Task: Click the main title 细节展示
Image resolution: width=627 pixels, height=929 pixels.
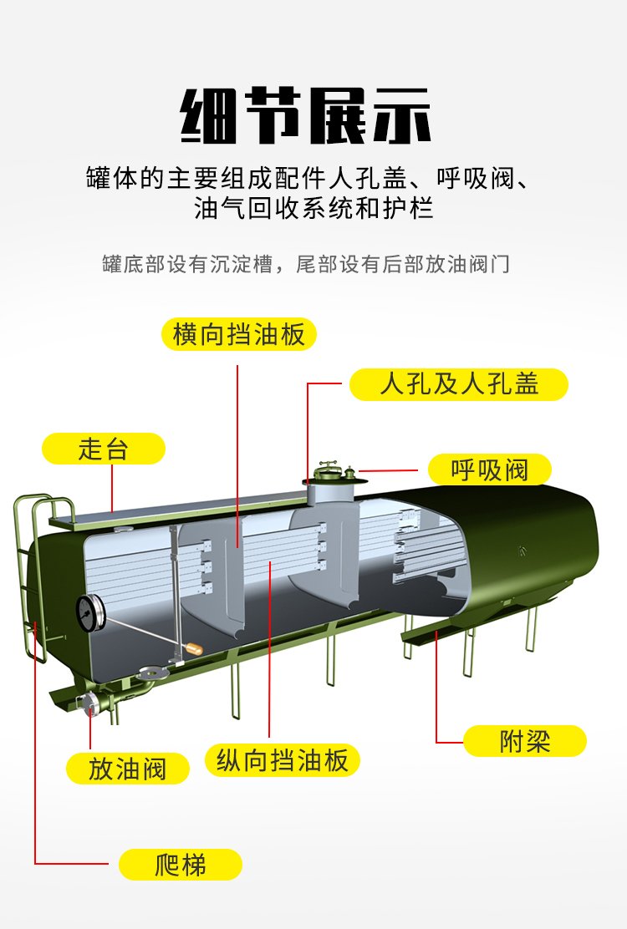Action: [x=306, y=115]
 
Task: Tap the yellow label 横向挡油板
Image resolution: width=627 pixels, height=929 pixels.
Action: [x=239, y=334]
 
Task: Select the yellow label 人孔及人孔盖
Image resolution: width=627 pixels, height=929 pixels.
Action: [x=459, y=384]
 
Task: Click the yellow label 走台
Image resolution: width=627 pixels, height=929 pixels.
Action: [x=103, y=449]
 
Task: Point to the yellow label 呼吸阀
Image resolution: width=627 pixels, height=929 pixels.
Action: [x=490, y=470]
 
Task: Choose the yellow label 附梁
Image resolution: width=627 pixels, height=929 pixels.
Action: [x=524, y=740]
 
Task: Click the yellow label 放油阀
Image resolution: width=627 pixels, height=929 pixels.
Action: [x=127, y=769]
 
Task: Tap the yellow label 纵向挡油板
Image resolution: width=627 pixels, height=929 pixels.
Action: [x=282, y=760]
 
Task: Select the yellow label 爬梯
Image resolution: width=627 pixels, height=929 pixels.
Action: [x=181, y=865]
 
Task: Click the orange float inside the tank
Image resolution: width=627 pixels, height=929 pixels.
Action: [x=194, y=649]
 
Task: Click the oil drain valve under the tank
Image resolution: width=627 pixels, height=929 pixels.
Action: [x=89, y=703]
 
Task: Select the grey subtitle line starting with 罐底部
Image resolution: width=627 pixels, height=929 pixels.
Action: [x=306, y=264]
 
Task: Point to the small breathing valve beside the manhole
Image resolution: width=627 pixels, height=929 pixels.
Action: [x=349, y=472]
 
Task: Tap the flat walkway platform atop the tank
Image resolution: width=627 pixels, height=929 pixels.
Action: [x=178, y=513]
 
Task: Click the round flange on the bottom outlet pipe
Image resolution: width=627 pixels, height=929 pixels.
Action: [x=150, y=673]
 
